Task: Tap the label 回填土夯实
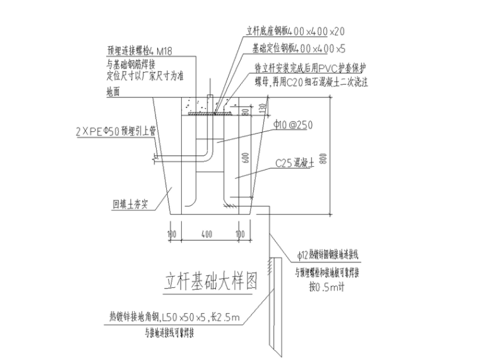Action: tap(127, 205)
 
